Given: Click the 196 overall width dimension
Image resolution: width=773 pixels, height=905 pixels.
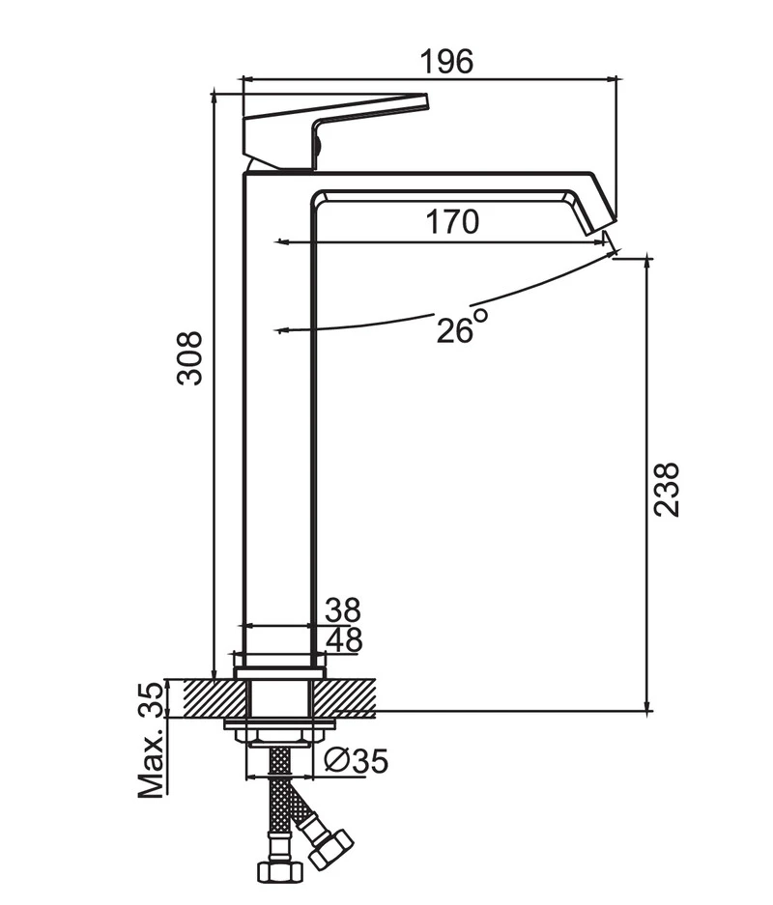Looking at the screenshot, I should (x=446, y=61).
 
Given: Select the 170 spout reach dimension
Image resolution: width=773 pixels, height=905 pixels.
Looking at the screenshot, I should (x=452, y=222).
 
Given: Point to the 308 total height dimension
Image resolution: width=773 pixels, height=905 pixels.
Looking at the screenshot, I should (x=190, y=357).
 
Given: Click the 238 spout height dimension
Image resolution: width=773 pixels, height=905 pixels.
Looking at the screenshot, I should (x=667, y=489).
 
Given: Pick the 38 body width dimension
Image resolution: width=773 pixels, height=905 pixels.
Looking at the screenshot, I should (x=343, y=610).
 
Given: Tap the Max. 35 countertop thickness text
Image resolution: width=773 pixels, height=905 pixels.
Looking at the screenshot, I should (x=152, y=739).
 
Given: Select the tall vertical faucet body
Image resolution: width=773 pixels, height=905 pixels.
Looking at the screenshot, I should (x=277, y=415).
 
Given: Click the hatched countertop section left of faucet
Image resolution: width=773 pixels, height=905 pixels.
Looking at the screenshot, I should (x=205, y=696).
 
